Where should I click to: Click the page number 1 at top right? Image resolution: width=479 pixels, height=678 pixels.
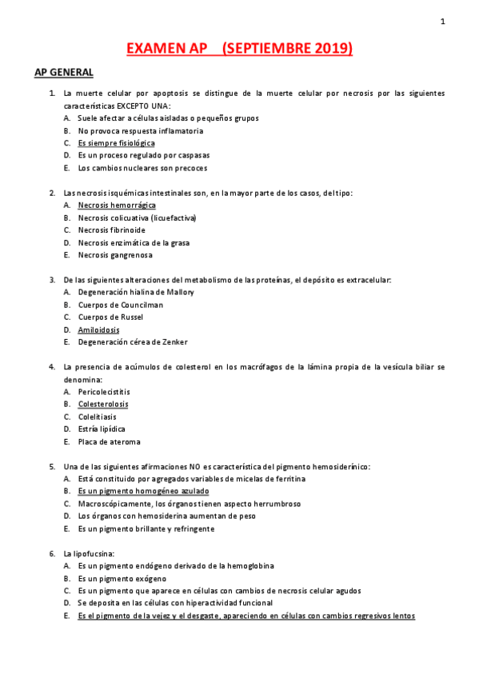[x=442, y=22]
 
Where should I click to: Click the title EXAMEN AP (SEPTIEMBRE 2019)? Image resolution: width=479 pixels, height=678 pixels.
[x=240, y=49]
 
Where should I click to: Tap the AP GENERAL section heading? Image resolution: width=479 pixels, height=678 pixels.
[x=64, y=73]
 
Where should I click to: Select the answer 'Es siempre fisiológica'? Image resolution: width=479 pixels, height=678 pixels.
[x=116, y=143]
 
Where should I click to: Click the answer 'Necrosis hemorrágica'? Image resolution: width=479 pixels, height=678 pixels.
[x=117, y=205]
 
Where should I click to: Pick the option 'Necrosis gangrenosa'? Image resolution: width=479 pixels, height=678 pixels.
[x=115, y=255]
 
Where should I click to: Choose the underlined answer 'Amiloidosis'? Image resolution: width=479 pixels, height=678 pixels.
[x=98, y=329]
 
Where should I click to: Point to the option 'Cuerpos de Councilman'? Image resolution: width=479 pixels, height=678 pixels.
[x=120, y=305]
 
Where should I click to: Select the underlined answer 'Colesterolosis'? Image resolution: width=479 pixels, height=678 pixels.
[x=102, y=405]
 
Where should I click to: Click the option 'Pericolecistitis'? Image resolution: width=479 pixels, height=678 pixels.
[x=104, y=392]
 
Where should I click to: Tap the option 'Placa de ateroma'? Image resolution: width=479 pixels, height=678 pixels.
[x=109, y=441]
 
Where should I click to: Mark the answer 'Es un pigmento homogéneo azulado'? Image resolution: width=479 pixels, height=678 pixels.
[x=143, y=491]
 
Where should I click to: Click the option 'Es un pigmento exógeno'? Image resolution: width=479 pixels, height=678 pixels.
[x=122, y=578]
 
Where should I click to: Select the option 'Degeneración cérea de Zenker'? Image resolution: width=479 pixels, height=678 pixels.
[x=133, y=342]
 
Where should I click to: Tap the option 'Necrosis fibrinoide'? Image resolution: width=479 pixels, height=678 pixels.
[x=112, y=230]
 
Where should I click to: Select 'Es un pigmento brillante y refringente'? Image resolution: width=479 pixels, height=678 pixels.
[x=146, y=528]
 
